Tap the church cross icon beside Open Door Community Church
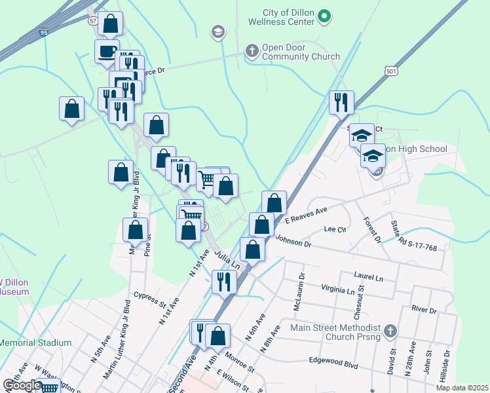[x=251, y=50]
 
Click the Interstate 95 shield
[x=43, y=31]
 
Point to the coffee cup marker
[x=107, y=51]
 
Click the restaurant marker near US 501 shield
[x=341, y=102]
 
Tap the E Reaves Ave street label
[x=305, y=216]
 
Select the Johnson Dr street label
[x=293, y=242]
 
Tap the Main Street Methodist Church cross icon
[x=391, y=331]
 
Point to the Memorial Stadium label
[x=35, y=343]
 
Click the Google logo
[x=22, y=385]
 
